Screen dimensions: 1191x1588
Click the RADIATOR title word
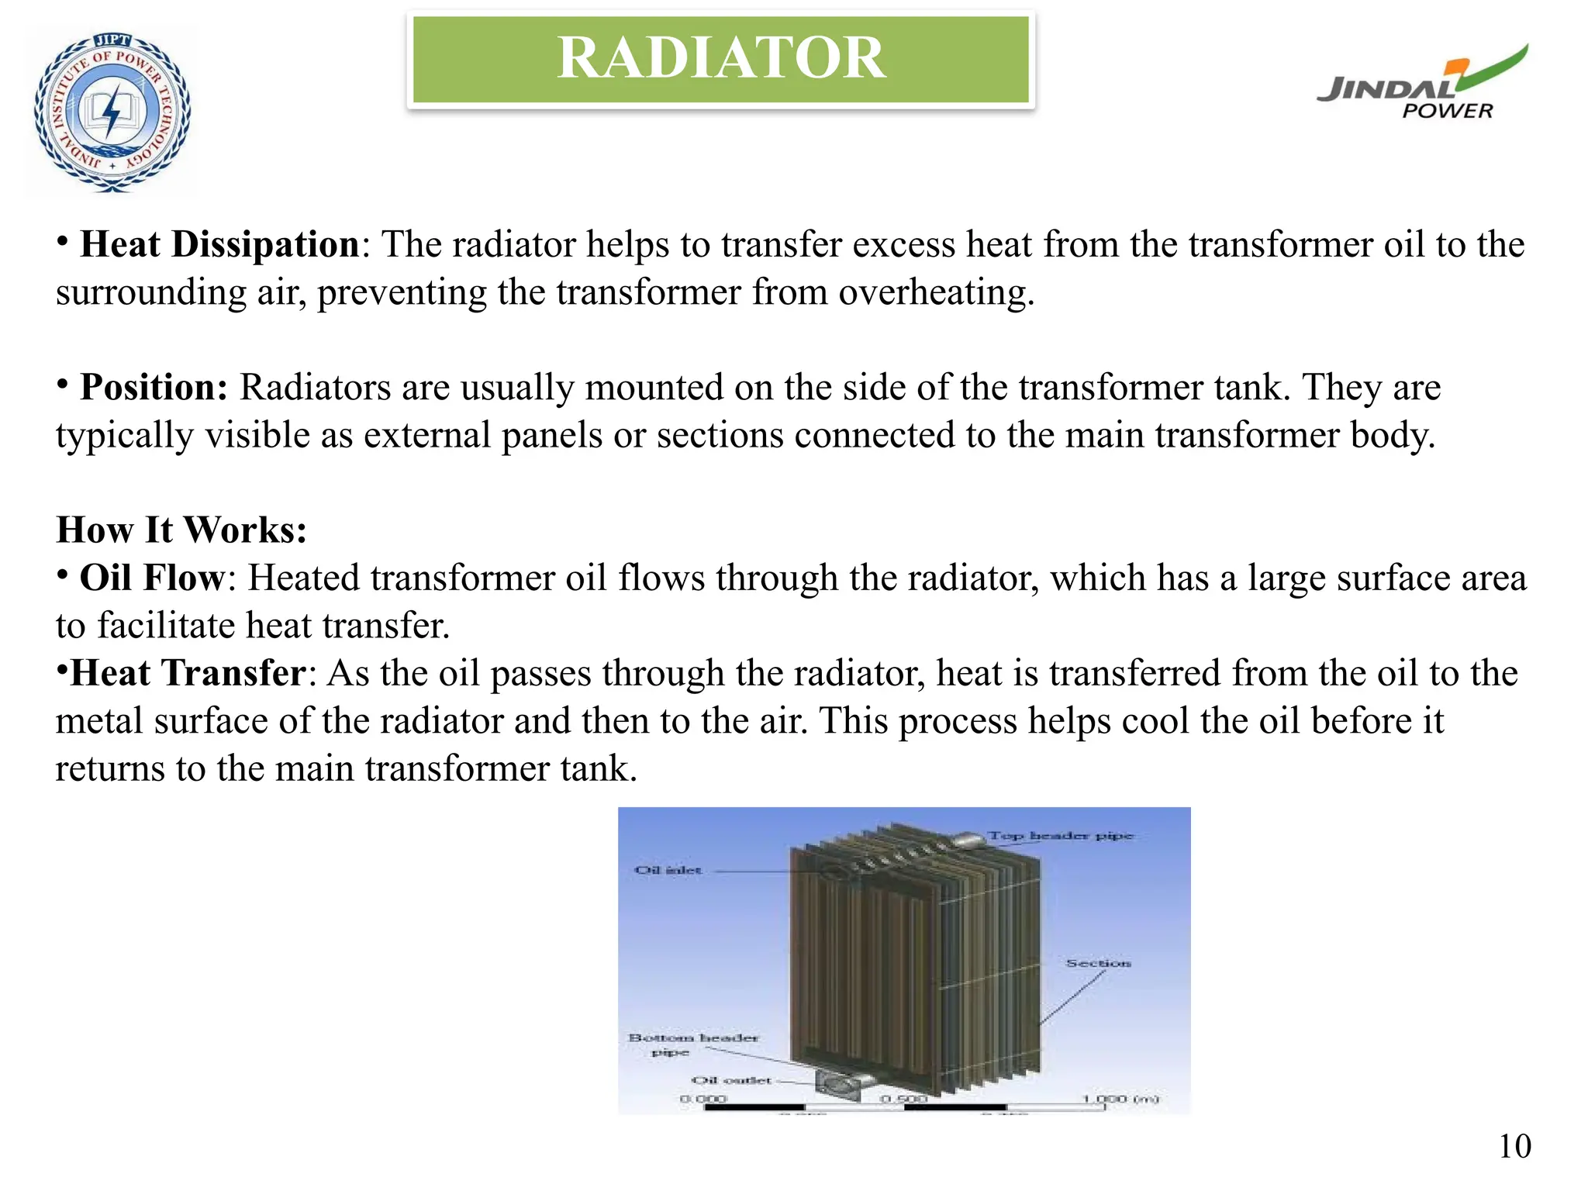click(721, 58)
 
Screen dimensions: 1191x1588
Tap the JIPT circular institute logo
click(112, 112)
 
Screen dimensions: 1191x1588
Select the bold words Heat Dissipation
click(219, 245)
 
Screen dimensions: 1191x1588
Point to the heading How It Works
click(181, 530)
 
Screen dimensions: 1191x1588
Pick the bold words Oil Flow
click(152, 578)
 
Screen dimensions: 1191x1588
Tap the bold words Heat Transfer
click(188, 674)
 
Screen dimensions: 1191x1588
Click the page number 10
click(1514, 1146)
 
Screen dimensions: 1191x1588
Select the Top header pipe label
click(1060, 836)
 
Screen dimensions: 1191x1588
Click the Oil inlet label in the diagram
click(668, 871)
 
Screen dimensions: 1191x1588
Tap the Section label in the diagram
click(1098, 963)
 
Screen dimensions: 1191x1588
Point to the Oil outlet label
click(731, 1080)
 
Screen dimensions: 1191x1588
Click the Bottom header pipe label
click(692, 1044)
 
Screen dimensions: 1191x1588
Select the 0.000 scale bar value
click(703, 1099)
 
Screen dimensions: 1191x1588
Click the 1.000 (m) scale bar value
click(1120, 1099)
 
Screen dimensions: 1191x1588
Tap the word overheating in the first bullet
click(936, 293)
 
